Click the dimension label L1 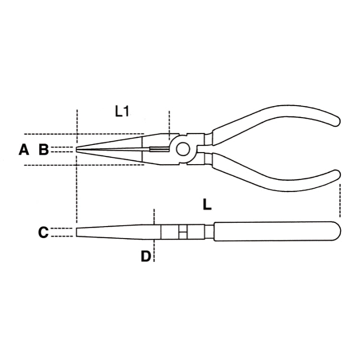coord(122,112)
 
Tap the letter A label coord(24,150)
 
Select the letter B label coord(44,150)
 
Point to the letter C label coord(43,233)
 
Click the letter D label coord(145,256)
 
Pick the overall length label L coord(206,205)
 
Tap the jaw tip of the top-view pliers coord(78,150)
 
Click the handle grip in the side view coord(276,232)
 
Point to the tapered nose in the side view coord(115,232)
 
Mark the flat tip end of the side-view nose coord(77,232)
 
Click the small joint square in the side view coord(181,233)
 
